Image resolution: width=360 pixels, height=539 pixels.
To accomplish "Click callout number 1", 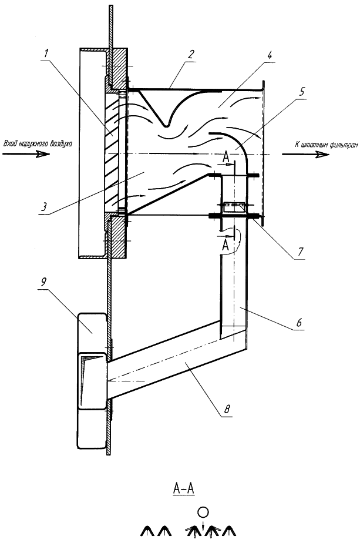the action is click(46, 53).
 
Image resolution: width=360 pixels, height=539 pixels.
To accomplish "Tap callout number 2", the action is click(191, 54).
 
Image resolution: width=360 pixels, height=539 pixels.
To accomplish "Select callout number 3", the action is click(43, 206).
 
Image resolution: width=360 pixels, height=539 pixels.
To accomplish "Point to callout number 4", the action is click(270, 55).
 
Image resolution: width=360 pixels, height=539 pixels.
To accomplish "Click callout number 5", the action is click(302, 92).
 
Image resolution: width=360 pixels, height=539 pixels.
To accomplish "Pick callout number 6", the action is click(299, 322).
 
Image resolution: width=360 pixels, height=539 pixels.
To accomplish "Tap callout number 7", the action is click(301, 252).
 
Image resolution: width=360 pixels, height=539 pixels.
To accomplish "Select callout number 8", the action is click(227, 409).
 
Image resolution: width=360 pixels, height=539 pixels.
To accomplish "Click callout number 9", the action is click(43, 282).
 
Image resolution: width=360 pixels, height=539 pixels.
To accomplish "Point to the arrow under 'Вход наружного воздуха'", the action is click(26, 154).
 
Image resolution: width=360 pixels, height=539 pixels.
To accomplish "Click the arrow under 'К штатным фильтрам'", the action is click(306, 154).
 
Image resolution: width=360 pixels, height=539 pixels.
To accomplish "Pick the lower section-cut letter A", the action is click(226, 245).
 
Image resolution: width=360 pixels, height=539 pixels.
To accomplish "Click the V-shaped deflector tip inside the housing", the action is click(166, 125).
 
